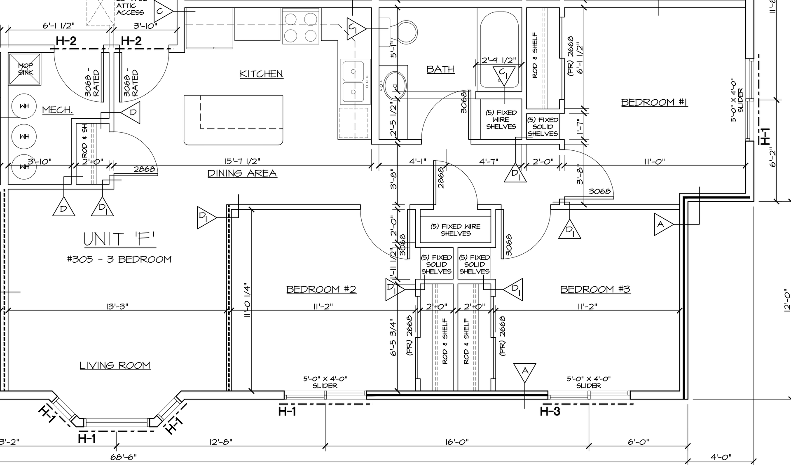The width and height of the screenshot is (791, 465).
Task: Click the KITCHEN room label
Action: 262,74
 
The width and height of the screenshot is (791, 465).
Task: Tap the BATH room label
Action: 440,69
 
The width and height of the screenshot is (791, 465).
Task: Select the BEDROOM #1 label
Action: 654,102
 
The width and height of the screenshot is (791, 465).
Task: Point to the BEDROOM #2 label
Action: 321,289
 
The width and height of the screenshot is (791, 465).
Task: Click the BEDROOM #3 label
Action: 595,289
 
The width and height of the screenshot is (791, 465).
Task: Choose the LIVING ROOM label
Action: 115,365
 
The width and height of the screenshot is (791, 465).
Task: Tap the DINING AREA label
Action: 242,173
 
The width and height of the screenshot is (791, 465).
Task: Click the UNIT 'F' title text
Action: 119,239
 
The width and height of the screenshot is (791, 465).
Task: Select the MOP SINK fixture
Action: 25,69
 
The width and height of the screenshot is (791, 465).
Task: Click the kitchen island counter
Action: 234,120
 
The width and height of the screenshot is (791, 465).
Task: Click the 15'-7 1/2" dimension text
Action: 242,161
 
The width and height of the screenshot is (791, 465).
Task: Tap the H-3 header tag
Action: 550,411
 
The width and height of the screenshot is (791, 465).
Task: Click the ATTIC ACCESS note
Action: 130,9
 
